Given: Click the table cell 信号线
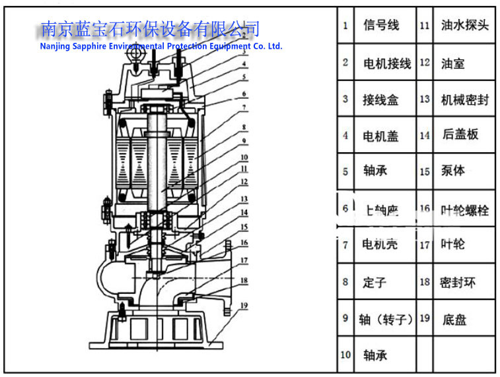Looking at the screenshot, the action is point(381,26).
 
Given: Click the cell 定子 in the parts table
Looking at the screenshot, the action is point(374,283).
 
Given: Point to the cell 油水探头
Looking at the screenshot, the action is point(465,26).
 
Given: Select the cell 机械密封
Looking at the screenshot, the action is point(465,100).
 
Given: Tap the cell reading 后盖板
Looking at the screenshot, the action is point(460,135).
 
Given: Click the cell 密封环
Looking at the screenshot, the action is point(458,283).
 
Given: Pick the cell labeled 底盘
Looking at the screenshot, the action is point(454,320).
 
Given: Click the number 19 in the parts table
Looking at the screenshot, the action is point(425,318).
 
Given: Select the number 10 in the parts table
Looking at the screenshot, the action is point(345,355).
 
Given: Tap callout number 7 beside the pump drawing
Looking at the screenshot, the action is point(244,107).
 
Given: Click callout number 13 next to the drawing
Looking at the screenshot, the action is point(244,198).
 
